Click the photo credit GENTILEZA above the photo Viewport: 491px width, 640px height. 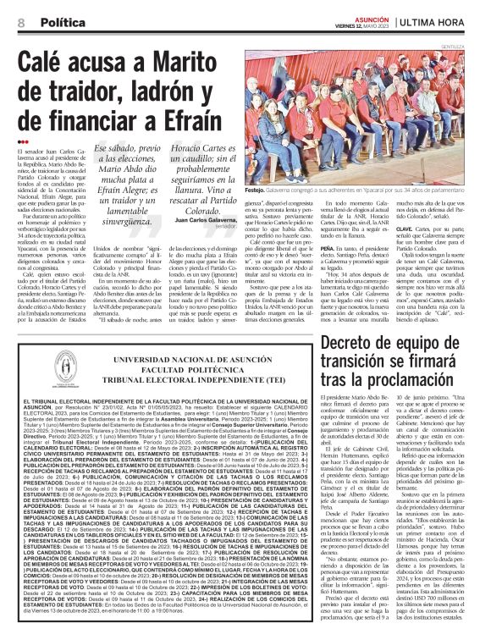point(469,47)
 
